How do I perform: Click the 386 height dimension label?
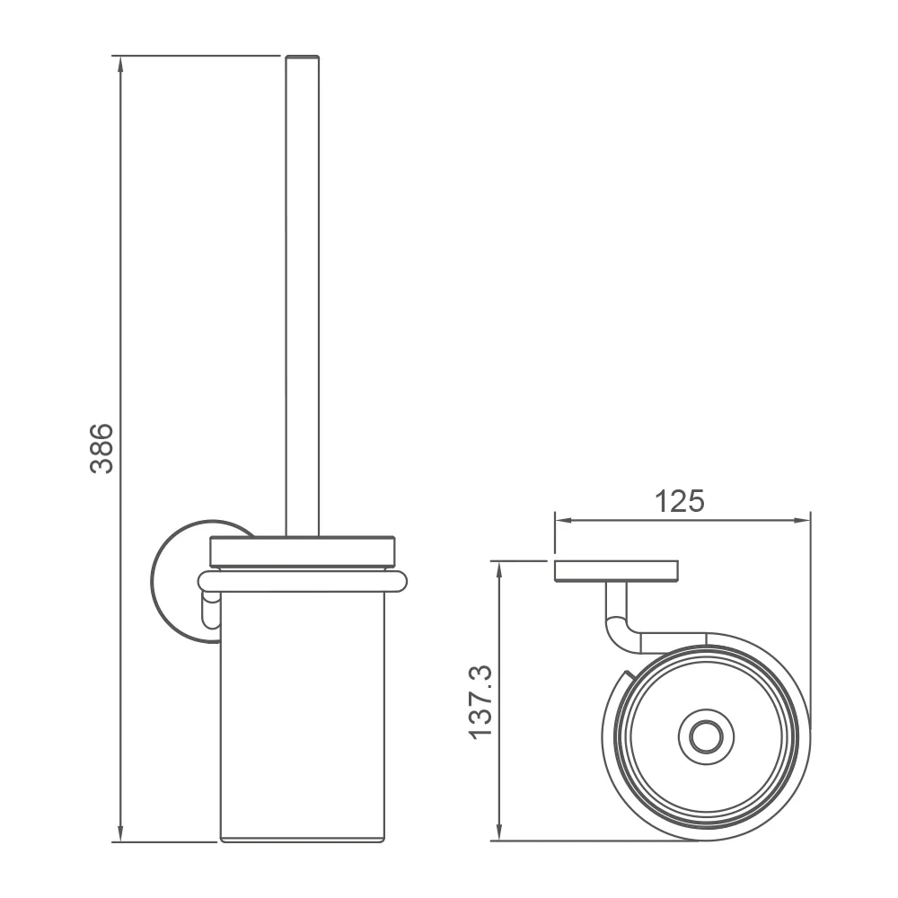pyautogui.click(x=102, y=448)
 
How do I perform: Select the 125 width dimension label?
pyautogui.click(x=679, y=501)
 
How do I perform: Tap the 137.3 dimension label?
pyautogui.click(x=480, y=702)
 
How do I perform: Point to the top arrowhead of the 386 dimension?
pyautogui.click(x=119, y=64)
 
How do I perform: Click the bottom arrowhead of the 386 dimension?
pyautogui.click(x=119, y=833)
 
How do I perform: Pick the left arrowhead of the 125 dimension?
pyautogui.click(x=564, y=520)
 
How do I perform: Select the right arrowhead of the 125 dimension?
pyautogui.click(x=802, y=520)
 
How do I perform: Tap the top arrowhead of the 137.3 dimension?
pyautogui.click(x=499, y=570)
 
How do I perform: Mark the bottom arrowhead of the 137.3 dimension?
pyautogui.click(x=499, y=832)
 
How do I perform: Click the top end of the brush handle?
pyautogui.click(x=303, y=56)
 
